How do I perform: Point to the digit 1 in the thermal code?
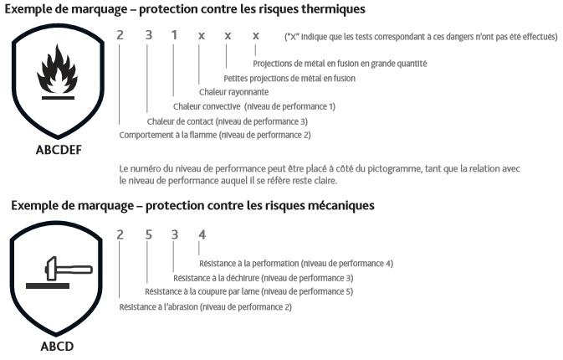174,36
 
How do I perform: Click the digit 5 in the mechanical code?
147,234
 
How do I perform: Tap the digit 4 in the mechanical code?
201,234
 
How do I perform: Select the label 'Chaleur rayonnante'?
233,92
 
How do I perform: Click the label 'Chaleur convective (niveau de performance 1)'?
253,106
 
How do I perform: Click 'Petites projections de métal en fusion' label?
289,78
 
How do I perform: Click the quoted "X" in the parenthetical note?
292,37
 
